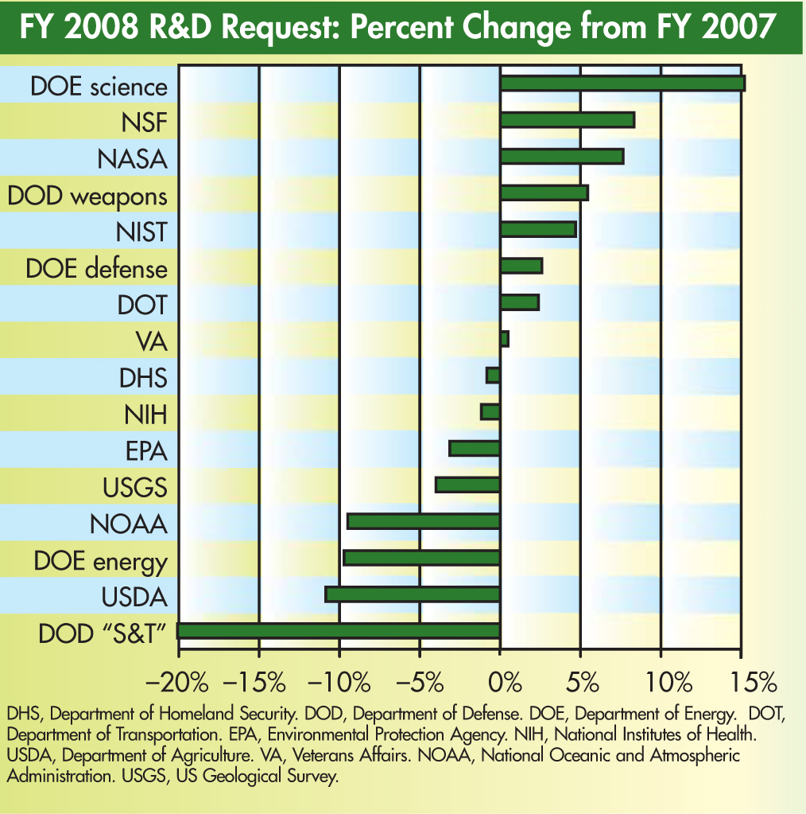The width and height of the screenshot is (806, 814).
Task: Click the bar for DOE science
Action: click(622, 84)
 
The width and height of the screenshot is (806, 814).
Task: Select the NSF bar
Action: click(567, 120)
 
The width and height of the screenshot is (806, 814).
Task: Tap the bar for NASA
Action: click(561, 157)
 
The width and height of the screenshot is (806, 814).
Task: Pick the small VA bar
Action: click(504, 339)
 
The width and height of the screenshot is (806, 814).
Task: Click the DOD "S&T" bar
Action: click(339, 631)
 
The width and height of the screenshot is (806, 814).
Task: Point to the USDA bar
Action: click(413, 594)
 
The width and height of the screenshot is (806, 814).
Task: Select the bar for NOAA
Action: click(424, 521)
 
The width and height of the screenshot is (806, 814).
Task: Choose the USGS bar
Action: click(467, 485)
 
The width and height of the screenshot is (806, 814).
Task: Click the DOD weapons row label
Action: click(87, 196)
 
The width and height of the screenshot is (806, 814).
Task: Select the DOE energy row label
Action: click(100, 562)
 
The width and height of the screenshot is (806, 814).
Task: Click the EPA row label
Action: click(146, 451)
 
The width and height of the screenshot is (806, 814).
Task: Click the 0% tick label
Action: click(501, 682)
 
